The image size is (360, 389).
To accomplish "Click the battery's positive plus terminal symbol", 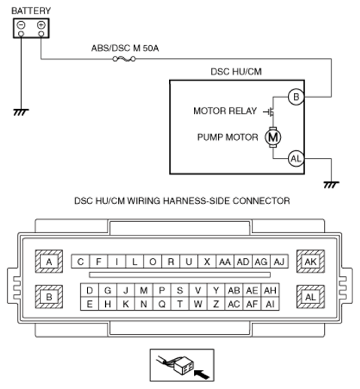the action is tap(41, 25).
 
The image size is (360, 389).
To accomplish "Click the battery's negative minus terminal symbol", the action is tap(21, 25).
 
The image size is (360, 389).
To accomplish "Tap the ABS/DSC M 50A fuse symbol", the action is tap(124, 59).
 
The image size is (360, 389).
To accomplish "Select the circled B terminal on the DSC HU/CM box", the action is tap(296, 97).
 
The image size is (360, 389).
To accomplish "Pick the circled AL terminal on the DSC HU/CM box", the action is tap(296, 159).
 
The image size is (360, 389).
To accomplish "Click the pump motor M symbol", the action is tap(273, 137).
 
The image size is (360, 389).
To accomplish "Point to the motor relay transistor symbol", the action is tap(269, 112).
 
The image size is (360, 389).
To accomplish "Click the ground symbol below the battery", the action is tap(21, 112).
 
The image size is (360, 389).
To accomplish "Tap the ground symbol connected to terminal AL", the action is tap(331, 185).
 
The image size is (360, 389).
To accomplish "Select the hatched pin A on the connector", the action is tap(49, 261).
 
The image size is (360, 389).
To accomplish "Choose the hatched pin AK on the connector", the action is tap(310, 261).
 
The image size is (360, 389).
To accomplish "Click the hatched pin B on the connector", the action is tap(49, 297).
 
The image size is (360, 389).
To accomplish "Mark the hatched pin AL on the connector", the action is tap(310, 297).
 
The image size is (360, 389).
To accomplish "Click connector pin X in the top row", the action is tap(207, 262).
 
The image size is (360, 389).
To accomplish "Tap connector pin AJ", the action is tap(279, 262).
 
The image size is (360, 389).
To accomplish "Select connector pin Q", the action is tap(162, 304).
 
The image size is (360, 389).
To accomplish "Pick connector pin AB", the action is tap(234, 290).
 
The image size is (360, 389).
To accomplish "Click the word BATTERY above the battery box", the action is tap(31, 11).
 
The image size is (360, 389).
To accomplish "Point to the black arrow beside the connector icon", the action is tap(201, 375).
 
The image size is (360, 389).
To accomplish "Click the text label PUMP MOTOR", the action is tap(228, 137).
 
